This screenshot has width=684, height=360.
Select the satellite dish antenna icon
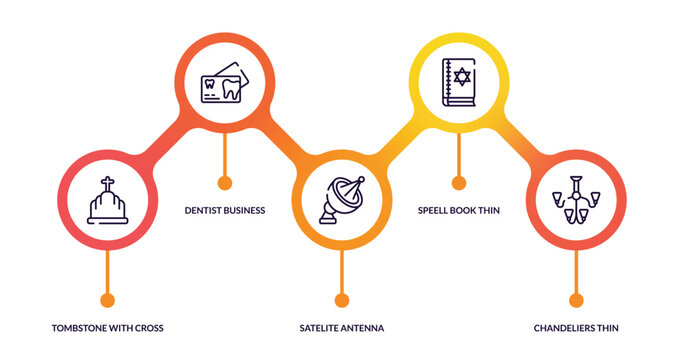click(x=342, y=200)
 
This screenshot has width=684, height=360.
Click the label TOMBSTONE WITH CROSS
click(x=107, y=327)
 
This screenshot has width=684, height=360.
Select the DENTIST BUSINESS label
click(x=225, y=210)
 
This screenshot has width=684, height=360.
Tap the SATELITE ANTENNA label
click(x=342, y=327)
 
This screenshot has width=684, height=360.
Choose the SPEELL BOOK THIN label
click(x=459, y=210)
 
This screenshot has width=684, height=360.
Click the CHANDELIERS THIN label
click(x=576, y=327)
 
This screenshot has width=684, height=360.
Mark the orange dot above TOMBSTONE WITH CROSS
click(x=107, y=300)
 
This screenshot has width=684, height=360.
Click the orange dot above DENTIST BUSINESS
click(x=225, y=183)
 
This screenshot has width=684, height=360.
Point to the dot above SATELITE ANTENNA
click(x=342, y=300)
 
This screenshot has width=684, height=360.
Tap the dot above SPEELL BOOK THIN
click(x=459, y=183)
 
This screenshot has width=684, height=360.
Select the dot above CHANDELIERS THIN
click(x=576, y=300)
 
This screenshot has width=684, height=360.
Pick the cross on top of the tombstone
click(x=107, y=184)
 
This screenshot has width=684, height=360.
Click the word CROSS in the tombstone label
click(x=147, y=327)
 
